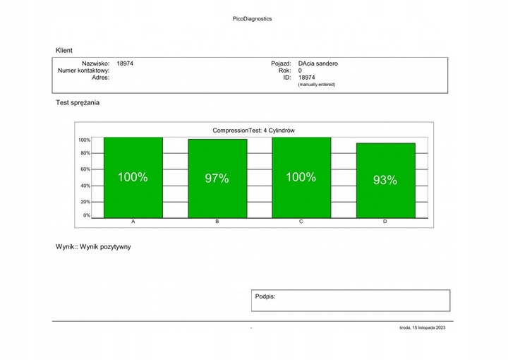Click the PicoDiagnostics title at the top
point(252,19)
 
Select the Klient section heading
point(64,50)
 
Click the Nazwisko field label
point(95,64)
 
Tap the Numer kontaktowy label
point(83,71)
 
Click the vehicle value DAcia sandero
point(317,64)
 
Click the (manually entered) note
point(316,85)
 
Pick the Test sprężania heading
point(78,102)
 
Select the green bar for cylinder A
point(133,177)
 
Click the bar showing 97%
point(217,179)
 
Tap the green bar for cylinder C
point(301,177)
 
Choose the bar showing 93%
point(385,180)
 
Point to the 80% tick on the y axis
point(85,153)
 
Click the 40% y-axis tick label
point(85,186)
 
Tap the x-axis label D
point(385,222)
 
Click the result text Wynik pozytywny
point(105,247)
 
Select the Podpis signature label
point(265,297)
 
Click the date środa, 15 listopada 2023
point(422,328)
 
